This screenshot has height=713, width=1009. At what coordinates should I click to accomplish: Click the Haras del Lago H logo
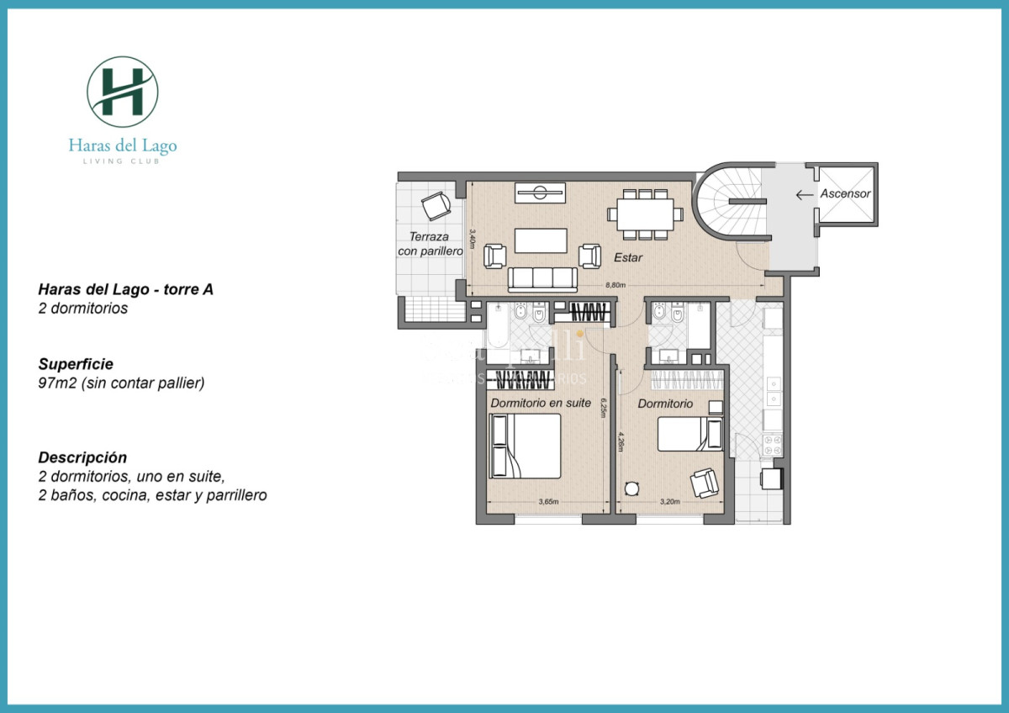pyautogui.click(x=123, y=92)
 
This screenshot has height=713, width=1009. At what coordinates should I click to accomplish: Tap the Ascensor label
pyautogui.click(x=845, y=193)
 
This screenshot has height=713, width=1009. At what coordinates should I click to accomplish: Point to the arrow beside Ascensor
pyautogui.click(x=804, y=194)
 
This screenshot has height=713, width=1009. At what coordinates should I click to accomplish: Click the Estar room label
pyautogui.click(x=628, y=257)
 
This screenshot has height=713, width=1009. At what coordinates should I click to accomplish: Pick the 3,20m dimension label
pyautogui.click(x=670, y=502)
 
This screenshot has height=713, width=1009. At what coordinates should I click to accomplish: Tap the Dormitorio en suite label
pyautogui.click(x=541, y=403)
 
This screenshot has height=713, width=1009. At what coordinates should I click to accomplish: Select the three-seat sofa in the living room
pyautogui.click(x=542, y=278)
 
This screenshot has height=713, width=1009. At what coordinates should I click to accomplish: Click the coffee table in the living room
pyautogui.click(x=541, y=240)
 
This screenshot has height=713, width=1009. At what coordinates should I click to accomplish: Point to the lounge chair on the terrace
pyautogui.click(x=436, y=205)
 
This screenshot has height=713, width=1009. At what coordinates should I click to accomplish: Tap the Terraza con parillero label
pyautogui.click(x=431, y=244)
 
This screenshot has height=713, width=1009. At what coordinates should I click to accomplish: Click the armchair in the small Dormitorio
pyautogui.click(x=704, y=483)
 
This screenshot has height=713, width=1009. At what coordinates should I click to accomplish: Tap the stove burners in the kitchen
pyautogui.click(x=771, y=444)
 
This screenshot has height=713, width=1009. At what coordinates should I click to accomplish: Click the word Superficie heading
pyautogui.click(x=76, y=364)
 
